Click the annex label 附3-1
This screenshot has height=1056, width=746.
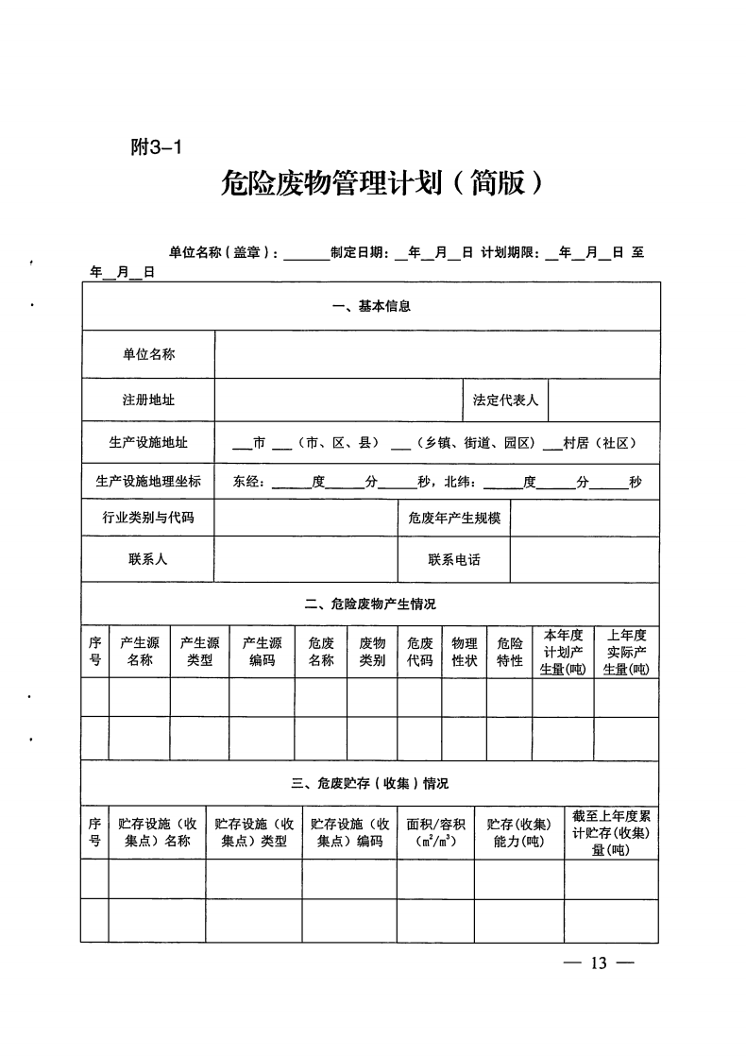pyautogui.click(x=155, y=147)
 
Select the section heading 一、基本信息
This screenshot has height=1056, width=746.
pyautogui.click(x=371, y=306)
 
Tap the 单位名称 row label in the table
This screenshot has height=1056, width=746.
pyautogui.click(x=148, y=354)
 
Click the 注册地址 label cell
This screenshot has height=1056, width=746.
pyautogui.click(x=148, y=400)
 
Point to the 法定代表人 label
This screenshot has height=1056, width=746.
pyautogui.click(x=505, y=400)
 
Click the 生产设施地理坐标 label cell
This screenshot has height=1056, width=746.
pyautogui.click(x=148, y=481)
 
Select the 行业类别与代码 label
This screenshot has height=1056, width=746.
pyautogui.click(x=148, y=518)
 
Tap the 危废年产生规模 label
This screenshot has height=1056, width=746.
pyautogui.click(x=453, y=518)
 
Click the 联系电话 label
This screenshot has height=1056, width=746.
pyautogui.click(x=453, y=559)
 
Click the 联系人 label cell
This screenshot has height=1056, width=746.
pyautogui.click(x=148, y=559)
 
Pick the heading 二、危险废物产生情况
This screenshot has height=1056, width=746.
pyautogui.click(x=370, y=604)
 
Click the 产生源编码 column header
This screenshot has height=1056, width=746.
pyautogui.click(x=262, y=652)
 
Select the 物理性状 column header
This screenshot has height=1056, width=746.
pyautogui.click(x=464, y=652)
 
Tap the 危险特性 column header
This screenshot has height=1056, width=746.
pyautogui.click(x=510, y=652)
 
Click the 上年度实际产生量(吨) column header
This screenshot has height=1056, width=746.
pyautogui.click(x=626, y=652)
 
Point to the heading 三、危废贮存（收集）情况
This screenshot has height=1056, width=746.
pyautogui.click(x=370, y=783)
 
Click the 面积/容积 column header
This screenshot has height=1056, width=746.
pyautogui.click(x=435, y=832)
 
